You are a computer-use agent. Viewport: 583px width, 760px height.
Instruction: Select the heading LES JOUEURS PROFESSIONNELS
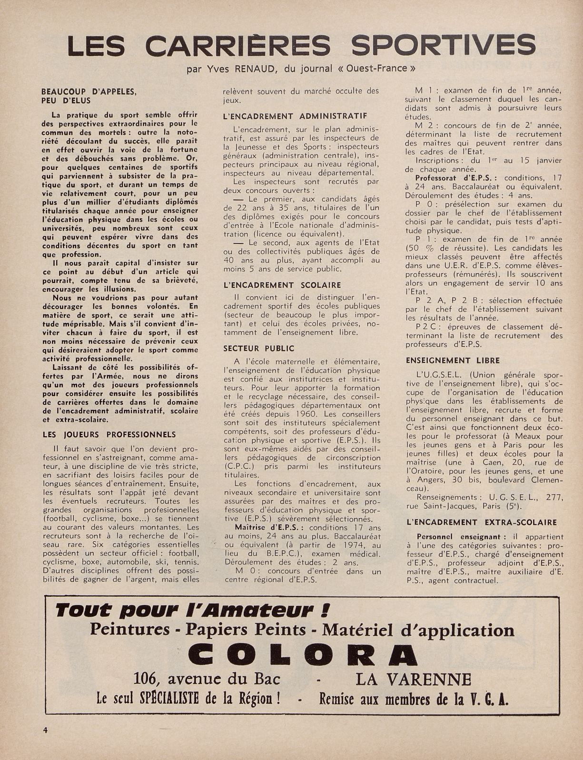tap(109, 434)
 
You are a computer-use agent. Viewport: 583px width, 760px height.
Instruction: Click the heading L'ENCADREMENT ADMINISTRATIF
tap(295, 116)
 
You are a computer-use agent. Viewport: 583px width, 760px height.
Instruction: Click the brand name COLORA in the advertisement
tap(303, 655)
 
